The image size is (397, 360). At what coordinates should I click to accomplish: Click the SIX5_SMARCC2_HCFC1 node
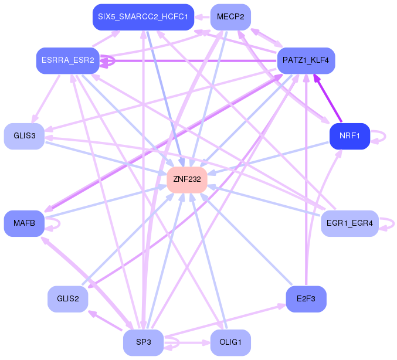click(x=143, y=17)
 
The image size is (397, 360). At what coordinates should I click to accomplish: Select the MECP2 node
click(x=230, y=17)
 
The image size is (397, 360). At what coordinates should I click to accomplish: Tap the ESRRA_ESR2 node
click(x=68, y=60)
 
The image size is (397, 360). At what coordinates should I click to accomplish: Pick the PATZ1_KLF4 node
click(x=306, y=60)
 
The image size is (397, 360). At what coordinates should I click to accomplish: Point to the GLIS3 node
click(x=24, y=136)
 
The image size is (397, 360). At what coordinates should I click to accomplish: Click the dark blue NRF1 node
click(x=350, y=136)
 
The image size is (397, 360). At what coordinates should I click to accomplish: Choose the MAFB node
click(x=24, y=223)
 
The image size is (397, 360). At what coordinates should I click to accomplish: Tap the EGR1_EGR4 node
click(x=350, y=223)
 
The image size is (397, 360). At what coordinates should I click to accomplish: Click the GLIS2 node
click(x=68, y=299)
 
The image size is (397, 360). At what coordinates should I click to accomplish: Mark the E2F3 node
click(x=306, y=299)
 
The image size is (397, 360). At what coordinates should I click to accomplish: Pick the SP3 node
click(x=143, y=342)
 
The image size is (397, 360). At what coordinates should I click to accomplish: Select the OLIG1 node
click(x=230, y=342)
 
